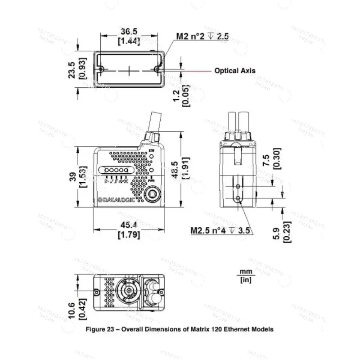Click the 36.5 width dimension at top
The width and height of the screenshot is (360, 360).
[x=128, y=31]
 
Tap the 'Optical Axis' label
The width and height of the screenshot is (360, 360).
[x=234, y=71]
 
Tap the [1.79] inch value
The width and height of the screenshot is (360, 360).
[x=128, y=234]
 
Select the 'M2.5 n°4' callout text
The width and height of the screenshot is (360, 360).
[x=206, y=231]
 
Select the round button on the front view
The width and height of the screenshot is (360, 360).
[x=153, y=195]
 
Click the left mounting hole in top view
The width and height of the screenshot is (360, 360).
[x=101, y=69]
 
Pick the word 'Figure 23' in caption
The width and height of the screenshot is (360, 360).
[x=101, y=329]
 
